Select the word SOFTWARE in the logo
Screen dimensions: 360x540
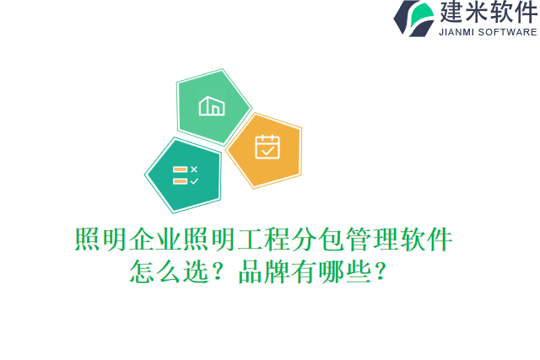[x=507, y=32]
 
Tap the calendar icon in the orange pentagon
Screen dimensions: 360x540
[x=267, y=147]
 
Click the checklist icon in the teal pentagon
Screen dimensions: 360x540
[x=185, y=175]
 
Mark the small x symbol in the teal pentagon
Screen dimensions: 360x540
[x=194, y=169]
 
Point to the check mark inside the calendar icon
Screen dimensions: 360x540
[x=267, y=150]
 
